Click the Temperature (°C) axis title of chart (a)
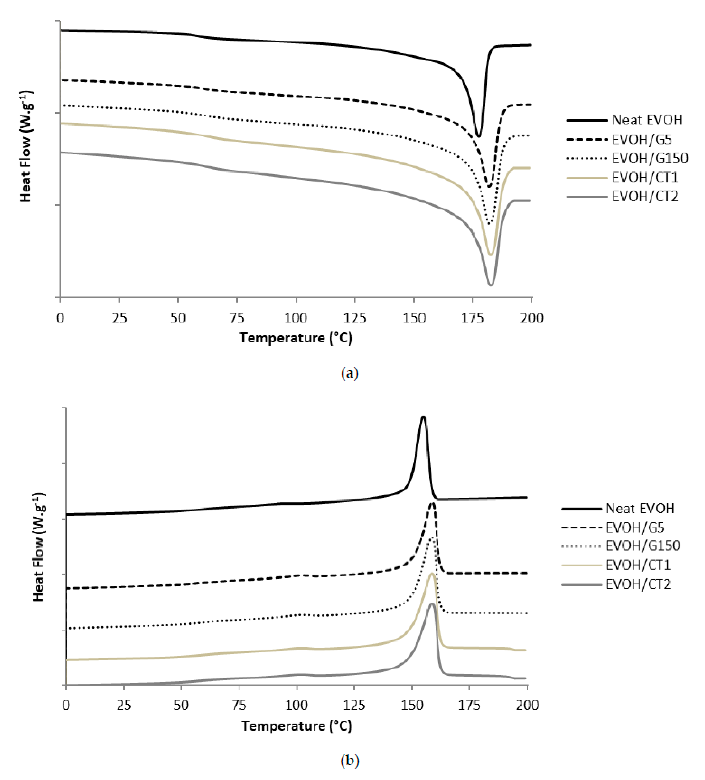[296, 338]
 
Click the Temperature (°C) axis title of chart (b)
[297, 726]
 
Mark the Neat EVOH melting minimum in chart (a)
[479, 136]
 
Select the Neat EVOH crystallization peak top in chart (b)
[423, 417]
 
